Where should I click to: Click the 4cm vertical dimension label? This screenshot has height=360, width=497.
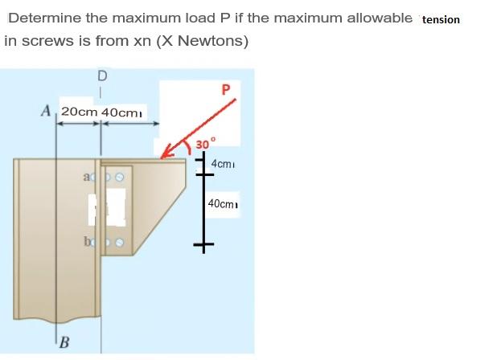click(222, 165)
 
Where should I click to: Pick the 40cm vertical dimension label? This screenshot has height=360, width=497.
click(224, 204)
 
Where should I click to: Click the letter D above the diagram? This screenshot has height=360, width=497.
click(101, 76)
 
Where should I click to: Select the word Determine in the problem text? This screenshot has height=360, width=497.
click(41, 18)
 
